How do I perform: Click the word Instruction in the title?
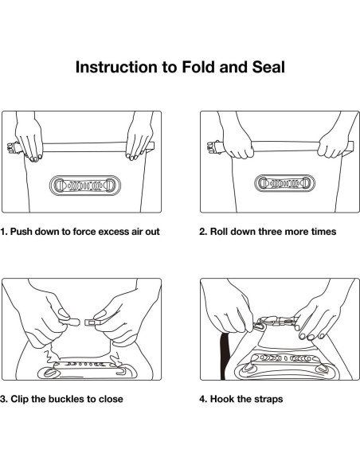(x=117, y=67)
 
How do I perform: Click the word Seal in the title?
(x=268, y=67)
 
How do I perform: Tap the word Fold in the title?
(x=198, y=67)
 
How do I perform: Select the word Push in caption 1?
(x=21, y=232)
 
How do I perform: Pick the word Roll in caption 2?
(x=217, y=232)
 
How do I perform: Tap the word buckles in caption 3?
(x=66, y=399)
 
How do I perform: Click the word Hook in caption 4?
(x=220, y=399)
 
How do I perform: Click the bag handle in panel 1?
(x=84, y=186)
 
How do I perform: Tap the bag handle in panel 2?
(x=284, y=183)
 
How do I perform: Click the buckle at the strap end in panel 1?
(x=13, y=148)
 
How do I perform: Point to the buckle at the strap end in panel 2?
(x=213, y=147)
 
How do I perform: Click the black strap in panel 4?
(x=225, y=356)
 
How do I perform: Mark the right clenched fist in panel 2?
(x=331, y=147)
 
